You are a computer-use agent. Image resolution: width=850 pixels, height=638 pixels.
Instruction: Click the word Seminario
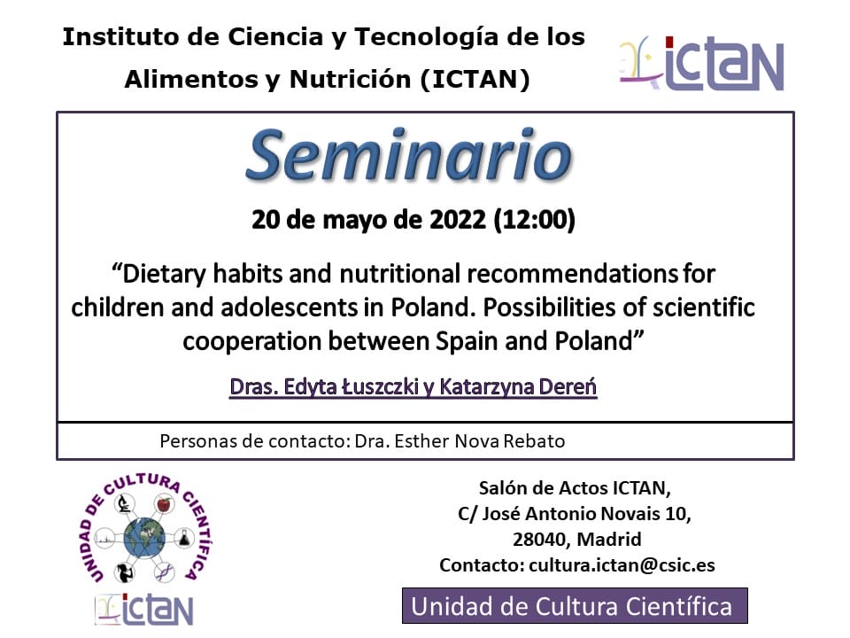click(x=409, y=155)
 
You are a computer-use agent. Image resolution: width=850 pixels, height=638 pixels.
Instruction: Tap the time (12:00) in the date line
click(x=535, y=220)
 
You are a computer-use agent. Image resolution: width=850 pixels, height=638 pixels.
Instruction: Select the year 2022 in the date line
click(x=458, y=220)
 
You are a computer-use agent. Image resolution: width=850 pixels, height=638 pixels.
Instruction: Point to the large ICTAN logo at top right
click(x=701, y=64)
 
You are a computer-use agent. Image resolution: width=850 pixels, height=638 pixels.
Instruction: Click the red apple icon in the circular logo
click(x=164, y=504)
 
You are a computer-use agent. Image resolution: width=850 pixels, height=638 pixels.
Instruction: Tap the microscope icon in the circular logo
click(x=124, y=504)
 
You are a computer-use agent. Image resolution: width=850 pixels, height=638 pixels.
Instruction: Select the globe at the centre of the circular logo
click(x=144, y=538)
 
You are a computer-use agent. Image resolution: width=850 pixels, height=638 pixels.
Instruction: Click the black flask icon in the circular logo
click(x=184, y=538)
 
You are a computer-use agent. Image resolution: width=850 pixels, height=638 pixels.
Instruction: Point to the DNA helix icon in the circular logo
click(x=165, y=572)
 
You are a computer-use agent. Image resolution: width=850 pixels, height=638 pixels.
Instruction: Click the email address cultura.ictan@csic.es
click(x=622, y=565)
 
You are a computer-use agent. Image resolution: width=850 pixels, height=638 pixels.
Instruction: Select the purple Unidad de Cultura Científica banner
click(x=575, y=605)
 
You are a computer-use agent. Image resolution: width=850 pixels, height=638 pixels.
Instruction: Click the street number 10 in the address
click(x=676, y=513)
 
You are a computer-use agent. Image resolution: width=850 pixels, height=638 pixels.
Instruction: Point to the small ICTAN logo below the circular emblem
click(x=144, y=610)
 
